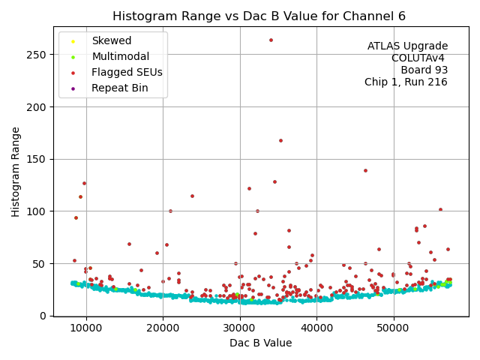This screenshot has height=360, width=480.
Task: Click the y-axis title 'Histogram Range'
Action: [x=16, y=172]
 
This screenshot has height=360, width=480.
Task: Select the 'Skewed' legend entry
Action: [x=111, y=41]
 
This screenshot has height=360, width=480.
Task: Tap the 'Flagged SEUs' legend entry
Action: [x=127, y=72]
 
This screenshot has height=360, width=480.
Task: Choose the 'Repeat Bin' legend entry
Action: [x=119, y=88]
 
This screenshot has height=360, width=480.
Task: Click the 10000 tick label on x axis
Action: [x=85, y=328]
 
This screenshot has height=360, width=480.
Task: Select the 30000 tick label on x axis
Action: [x=239, y=328]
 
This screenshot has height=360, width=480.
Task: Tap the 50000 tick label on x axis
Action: [x=393, y=328]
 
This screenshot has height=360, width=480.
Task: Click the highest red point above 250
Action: [x=271, y=40]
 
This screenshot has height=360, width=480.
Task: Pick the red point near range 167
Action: [x=280, y=140]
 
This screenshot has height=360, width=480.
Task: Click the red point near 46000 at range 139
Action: [x=365, y=170]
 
